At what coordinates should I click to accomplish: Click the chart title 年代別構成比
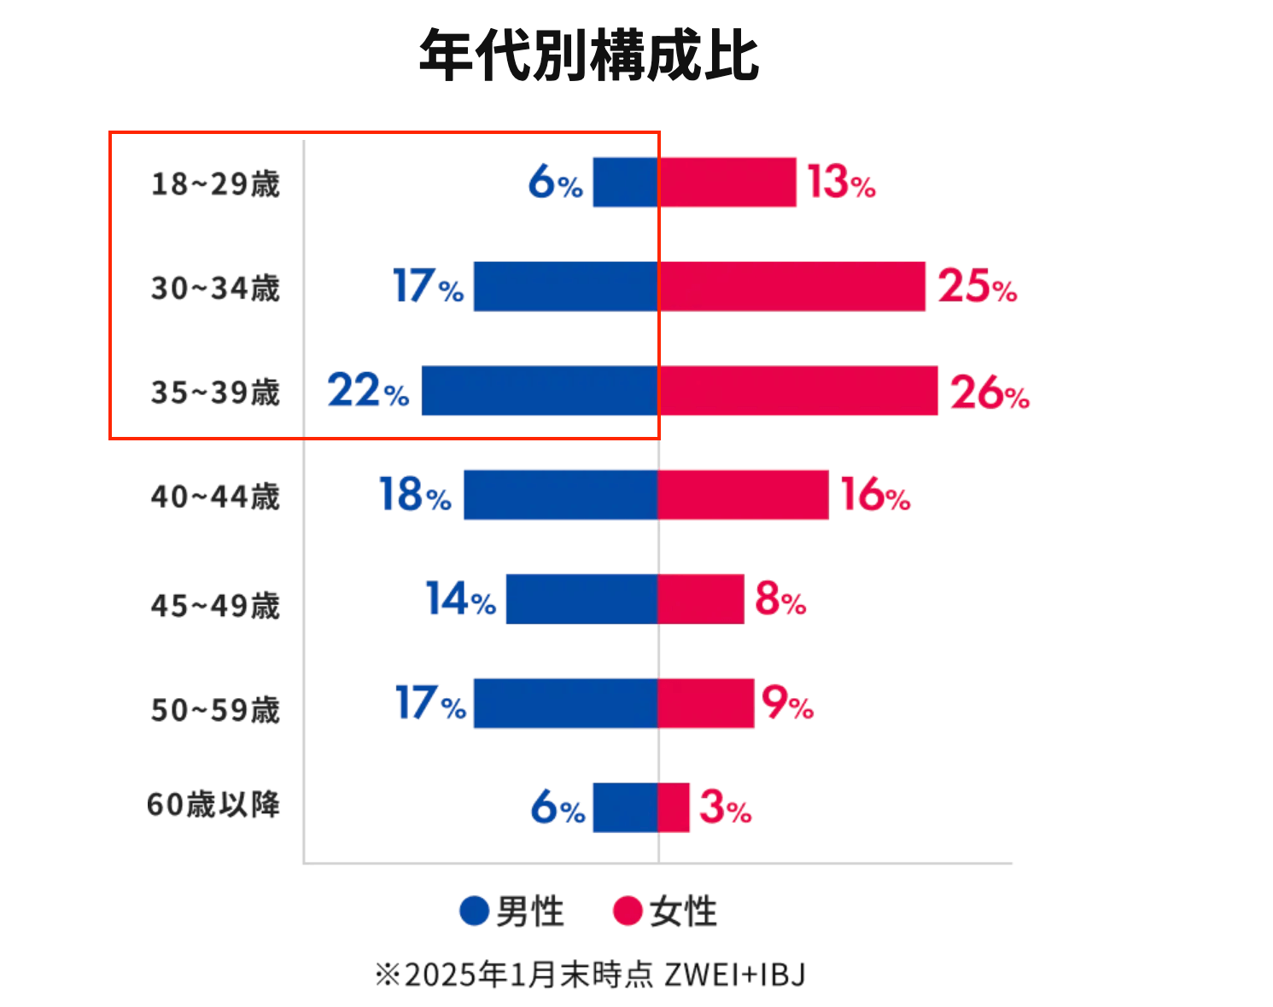(589, 56)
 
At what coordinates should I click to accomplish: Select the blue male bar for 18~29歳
(625, 182)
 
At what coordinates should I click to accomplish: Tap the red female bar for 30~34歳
(791, 286)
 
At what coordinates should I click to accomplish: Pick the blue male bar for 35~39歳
(540, 391)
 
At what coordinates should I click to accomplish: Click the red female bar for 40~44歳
(743, 495)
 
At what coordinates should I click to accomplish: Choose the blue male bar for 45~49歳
(581, 599)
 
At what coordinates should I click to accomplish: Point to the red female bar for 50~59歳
(706, 703)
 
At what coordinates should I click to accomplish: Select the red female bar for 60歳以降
(674, 807)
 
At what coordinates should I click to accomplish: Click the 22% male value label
(368, 391)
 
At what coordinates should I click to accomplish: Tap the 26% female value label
(990, 393)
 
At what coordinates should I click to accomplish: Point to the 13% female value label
(841, 183)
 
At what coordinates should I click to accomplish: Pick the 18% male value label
(415, 495)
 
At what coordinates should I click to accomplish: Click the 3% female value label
(725, 807)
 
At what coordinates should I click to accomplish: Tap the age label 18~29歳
(215, 183)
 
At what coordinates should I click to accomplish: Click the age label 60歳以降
(213, 804)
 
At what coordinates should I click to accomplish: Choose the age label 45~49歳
(215, 606)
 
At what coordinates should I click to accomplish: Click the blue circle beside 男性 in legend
(474, 911)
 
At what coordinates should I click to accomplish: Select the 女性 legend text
(683, 911)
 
